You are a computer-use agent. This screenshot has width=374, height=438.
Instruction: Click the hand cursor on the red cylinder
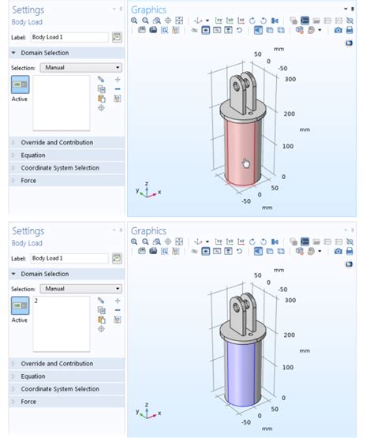click(246, 163)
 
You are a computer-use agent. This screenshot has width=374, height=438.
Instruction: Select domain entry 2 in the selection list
click(36, 301)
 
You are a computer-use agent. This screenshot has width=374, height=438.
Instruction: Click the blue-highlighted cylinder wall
click(242, 374)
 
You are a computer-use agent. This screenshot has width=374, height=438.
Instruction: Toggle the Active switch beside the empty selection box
click(20, 84)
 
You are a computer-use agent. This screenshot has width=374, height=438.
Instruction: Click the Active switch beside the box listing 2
click(20, 305)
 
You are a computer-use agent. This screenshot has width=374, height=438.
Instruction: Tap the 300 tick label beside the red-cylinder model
click(290, 79)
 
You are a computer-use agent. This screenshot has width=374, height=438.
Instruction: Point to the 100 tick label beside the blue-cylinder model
click(288, 367)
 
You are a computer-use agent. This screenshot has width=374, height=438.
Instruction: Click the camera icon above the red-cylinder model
click(338, 30)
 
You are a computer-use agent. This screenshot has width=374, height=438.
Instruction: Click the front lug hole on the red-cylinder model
click(237, 86)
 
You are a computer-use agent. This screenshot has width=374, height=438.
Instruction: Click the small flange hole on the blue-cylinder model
click(251, 334)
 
